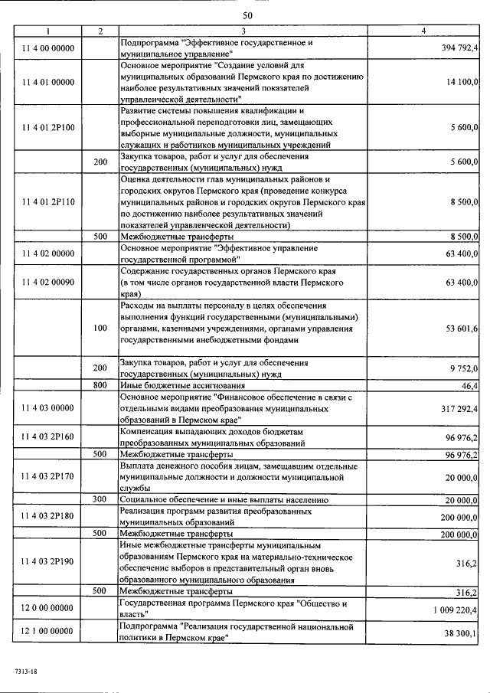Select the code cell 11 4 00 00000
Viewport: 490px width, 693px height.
click(x=48, y=48)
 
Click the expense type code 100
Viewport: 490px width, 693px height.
click(x=100, y=328)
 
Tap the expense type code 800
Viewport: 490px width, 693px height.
click(x=100, y=385)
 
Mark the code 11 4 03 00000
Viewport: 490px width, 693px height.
click(x=48, y=409)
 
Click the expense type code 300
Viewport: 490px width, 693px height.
click(x=100, y=499)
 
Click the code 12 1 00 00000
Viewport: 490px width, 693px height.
click(x=48, y=632)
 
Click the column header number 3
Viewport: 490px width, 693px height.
click(x=243, y=31)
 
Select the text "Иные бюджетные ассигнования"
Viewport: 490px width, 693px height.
click(x=180, y=385)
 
